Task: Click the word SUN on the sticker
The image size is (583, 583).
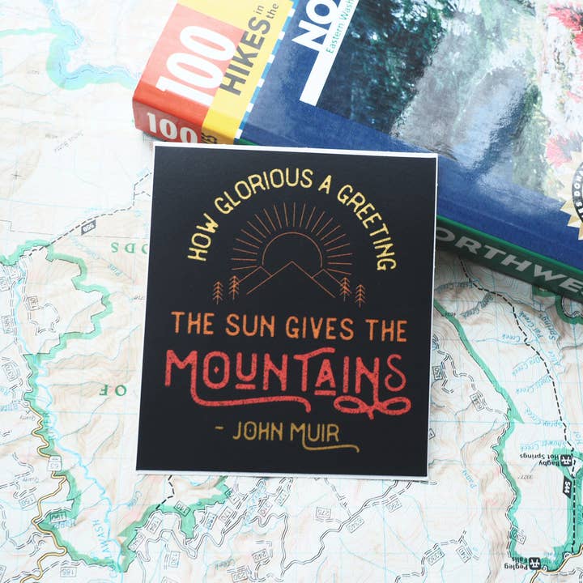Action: coord(252,326)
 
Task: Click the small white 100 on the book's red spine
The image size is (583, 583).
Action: coord(171,129)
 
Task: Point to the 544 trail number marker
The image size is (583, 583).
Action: coord(564,487)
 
